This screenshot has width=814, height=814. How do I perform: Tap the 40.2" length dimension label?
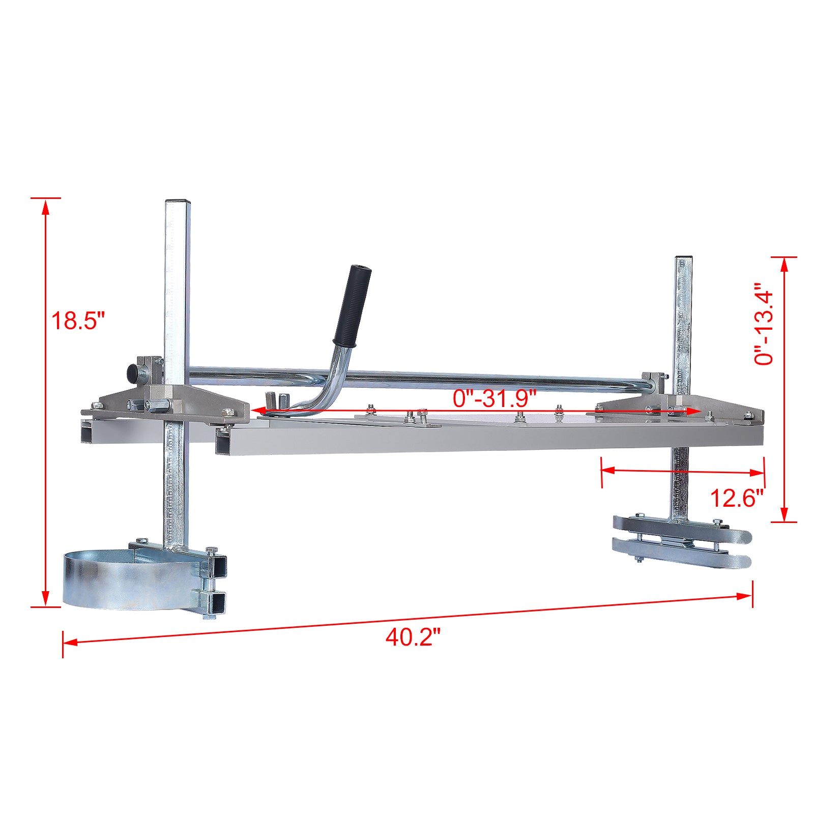click(412, 637)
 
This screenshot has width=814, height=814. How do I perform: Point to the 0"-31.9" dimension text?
click(495, 397)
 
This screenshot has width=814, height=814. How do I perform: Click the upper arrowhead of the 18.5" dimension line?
click(46, 206)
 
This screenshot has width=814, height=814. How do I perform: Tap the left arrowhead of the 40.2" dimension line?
click(69, 642)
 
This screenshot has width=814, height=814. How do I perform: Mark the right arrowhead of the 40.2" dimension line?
click(746, 596)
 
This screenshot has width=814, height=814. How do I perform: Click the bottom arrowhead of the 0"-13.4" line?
click(784, 514)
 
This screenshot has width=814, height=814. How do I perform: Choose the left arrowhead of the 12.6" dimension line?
click(607, 471)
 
